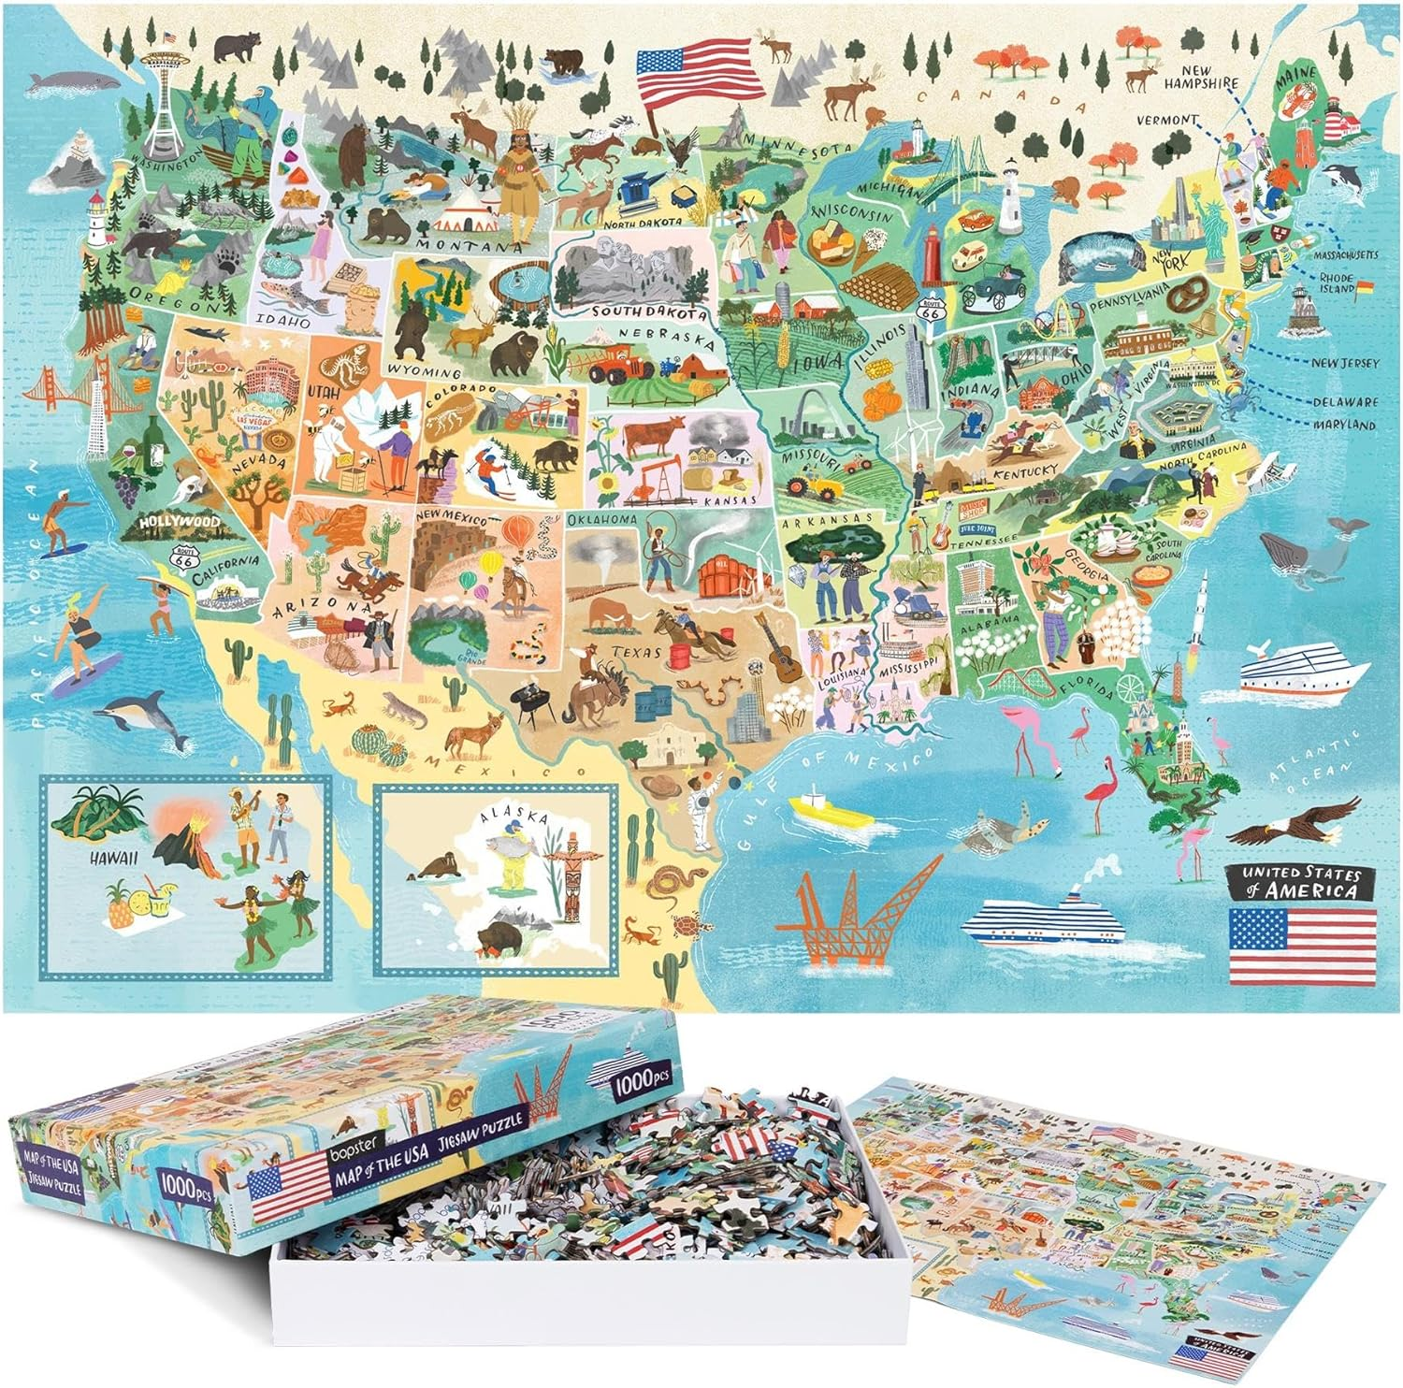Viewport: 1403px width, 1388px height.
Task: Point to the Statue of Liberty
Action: coord(1214,224)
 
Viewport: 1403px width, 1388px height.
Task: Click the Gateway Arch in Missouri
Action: coord(803,412)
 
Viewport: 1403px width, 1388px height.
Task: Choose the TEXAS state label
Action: coord(638,652)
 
